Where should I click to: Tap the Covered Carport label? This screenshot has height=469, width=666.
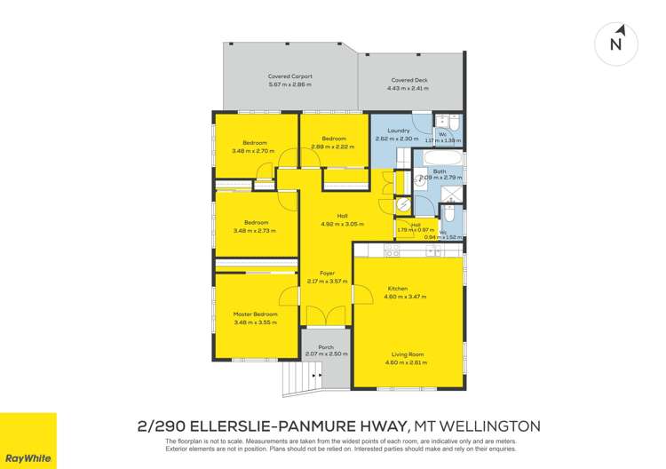click(290, 77)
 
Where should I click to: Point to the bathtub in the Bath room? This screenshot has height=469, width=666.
click(438, 160)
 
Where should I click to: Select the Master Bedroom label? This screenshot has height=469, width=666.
click(256, 314)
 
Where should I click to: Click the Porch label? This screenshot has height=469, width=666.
click(326, 347)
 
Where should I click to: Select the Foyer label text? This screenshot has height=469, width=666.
click(327, 274)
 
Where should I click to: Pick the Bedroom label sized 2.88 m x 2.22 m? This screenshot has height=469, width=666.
click(334, 139)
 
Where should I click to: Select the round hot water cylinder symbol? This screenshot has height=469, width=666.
click(403, 204)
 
